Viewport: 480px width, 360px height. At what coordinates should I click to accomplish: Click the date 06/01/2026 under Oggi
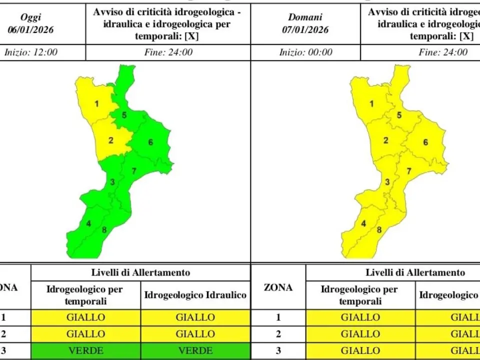(x=31, y=29)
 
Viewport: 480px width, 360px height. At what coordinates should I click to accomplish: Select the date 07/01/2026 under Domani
(x=305, y=29)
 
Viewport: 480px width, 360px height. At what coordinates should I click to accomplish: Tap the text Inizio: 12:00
(x=31, y=52)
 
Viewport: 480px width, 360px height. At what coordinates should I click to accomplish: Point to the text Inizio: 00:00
(x=305, y=52)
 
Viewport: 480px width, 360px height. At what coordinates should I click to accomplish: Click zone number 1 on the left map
(x=97, y=104)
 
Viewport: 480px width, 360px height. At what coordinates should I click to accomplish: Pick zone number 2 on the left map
(x=111, y=140)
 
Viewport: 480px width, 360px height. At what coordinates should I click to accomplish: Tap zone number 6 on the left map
(x=150, y=142)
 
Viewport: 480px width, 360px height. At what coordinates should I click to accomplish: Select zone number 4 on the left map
(x=88, y=223)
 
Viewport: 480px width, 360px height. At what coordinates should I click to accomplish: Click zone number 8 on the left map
(x=104, y=230)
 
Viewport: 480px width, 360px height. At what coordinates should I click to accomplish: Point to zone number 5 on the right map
(x=399, y=115)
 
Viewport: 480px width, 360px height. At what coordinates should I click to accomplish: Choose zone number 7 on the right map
(x=409, y=171)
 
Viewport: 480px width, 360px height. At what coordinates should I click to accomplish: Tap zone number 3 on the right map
(x=387, y=181)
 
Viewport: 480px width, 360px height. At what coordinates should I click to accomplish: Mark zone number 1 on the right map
(x=371, y=104)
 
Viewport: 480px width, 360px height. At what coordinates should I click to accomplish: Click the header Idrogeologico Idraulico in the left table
(x=195, y=295)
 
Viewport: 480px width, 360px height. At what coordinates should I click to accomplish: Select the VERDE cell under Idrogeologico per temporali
(x=85, y=350)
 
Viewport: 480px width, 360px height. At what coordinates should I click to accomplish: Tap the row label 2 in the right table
(x=278, y=333)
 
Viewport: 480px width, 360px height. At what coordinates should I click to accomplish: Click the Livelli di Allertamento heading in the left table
(x=140, y=272)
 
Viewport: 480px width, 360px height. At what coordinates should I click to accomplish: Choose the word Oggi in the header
(x=31, y=17)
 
